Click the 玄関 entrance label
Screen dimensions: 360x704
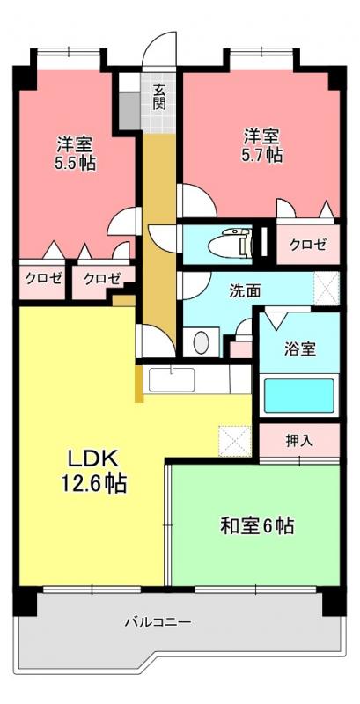click(x=159, y=97)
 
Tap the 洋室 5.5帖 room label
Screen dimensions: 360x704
click(x=75, y=153)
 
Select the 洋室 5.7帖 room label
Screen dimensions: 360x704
click(x=262, y=144)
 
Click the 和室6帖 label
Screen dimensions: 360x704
click(x=257, y=525)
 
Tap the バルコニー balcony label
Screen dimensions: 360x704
click(x=158, y=622)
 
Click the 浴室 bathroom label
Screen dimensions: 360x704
click(x=300, y=348)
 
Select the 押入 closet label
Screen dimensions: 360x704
click(x=299, y=441)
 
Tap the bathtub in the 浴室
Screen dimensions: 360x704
click(x=299, y=396)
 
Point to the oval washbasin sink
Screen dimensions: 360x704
click(x=201, y=342)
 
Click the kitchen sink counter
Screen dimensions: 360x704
click(x=173, y=380)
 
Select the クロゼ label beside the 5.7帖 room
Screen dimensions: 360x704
click(x=307, y=245)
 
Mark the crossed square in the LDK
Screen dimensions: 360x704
click(x=235, y=442)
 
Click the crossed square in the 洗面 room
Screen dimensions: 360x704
click(x=327, y=289)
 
